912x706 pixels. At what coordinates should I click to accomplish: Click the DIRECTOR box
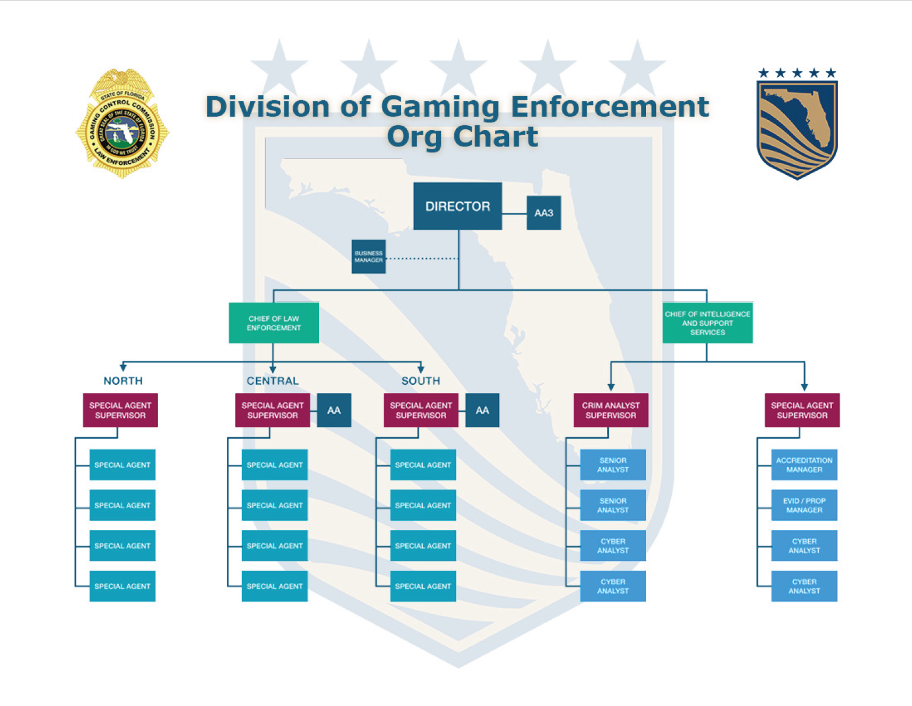(x=457, y=206)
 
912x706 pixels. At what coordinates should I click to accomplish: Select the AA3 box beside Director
(x=543, y=213)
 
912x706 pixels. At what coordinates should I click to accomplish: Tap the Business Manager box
(x=369, y=257)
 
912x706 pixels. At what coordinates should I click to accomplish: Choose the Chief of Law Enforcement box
(x=273, y=323)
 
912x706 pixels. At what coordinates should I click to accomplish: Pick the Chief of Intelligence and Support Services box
(x=707, y=323)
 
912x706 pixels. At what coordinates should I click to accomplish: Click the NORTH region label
(x=123, y=381)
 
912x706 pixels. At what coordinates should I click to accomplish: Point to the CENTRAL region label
(x=272, y=381)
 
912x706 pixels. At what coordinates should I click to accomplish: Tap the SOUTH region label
(x=420, y=381)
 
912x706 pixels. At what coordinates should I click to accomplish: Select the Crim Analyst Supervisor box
(x=611, y=410)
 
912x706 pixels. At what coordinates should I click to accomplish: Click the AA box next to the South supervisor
(x=482, y=410)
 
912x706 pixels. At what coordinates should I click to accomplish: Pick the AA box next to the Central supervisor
(x=334, y=410)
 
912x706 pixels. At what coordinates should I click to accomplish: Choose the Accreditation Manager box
(x=804, y=465)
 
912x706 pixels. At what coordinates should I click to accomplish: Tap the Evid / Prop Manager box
(x=804, y=505)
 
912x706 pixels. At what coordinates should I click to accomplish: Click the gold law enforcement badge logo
(x=122, y=124)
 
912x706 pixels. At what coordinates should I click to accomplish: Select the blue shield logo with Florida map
(x=797, y=128)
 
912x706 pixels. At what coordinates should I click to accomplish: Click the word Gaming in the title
(x=440, y=107)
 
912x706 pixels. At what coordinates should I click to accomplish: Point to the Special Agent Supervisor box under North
(x=120, y=410)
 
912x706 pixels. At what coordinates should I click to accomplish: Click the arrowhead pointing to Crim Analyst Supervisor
(x=611, y=387)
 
